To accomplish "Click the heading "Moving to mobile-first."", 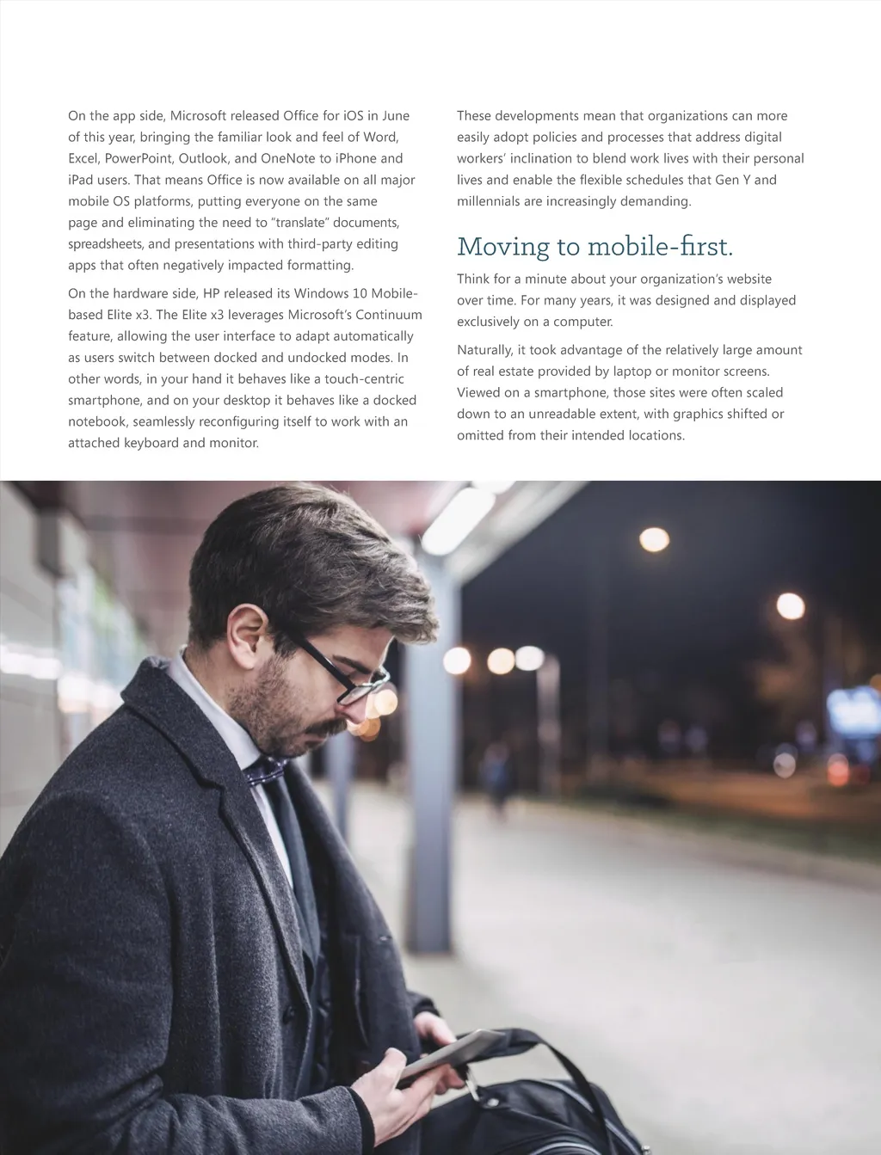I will tap(595, 247).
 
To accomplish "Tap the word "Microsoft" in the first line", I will tap(199, 116).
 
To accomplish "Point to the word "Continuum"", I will tap(385, 315).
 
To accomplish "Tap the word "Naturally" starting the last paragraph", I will tap(484, 350).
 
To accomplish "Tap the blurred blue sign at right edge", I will tap(853, 710).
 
